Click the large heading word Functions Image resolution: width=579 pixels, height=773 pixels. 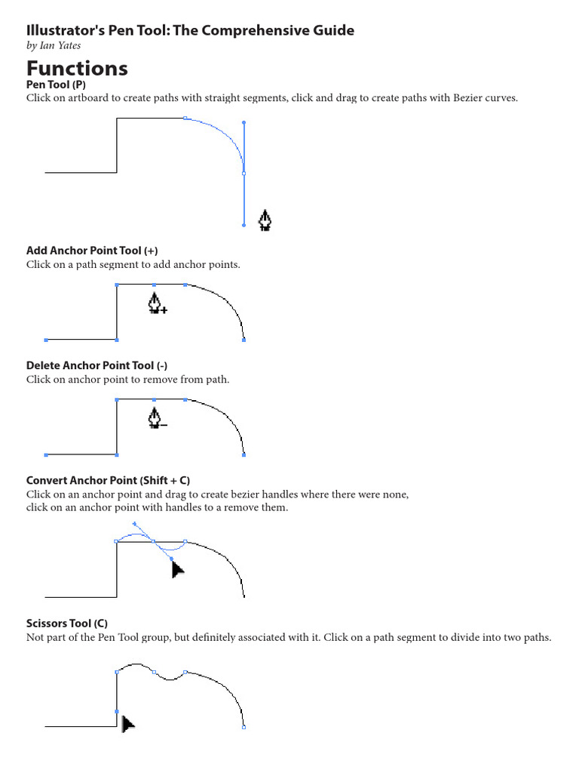77,69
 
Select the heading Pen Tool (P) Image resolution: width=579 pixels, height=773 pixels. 56,85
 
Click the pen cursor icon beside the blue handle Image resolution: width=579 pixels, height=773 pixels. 265,220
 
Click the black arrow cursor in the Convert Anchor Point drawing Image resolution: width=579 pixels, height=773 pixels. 177,568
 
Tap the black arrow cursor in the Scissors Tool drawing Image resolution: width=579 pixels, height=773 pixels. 127,724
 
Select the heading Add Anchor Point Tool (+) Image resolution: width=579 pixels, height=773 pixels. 92,251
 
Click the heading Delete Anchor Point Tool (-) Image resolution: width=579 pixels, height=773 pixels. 96,365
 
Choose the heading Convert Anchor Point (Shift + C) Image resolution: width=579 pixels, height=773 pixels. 108,480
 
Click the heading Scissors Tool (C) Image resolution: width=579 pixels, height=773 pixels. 67,624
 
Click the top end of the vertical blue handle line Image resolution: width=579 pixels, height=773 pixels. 244,122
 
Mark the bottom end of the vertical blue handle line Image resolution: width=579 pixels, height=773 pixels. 244,225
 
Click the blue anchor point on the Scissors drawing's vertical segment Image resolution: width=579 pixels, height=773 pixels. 116,711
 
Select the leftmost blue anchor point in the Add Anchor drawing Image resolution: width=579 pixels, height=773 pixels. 47,340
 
